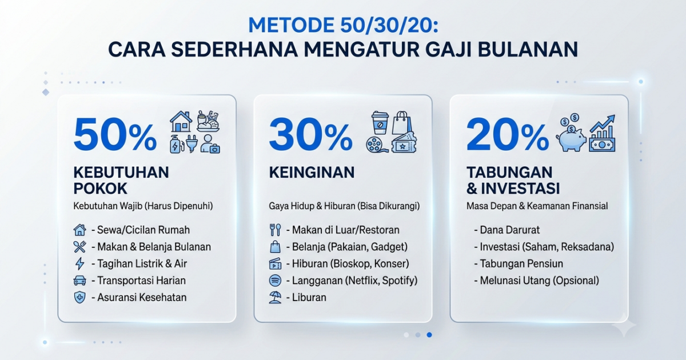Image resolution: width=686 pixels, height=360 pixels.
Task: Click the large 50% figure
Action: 115,135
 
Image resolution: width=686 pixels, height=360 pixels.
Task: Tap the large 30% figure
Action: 310,135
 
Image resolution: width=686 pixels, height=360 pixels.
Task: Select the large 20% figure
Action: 508,135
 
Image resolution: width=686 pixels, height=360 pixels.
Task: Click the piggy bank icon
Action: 572,138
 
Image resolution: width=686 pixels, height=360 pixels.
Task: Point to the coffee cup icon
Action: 380,122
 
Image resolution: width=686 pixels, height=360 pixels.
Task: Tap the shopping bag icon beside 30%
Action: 402,122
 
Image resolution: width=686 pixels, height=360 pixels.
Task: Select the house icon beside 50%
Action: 181,121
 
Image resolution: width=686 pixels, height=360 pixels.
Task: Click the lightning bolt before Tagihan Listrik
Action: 79,263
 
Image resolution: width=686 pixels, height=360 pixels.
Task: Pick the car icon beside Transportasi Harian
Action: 79,281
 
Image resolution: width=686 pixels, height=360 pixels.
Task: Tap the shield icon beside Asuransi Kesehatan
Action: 79,297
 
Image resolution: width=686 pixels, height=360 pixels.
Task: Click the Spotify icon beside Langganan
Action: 275,281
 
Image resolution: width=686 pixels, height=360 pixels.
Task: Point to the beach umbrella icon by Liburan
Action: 275,297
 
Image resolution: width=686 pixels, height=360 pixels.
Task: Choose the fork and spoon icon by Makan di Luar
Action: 275,230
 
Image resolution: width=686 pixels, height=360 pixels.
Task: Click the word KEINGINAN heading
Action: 312,173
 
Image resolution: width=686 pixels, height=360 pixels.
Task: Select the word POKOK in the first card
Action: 100,189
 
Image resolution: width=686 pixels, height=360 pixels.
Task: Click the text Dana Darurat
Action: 509,230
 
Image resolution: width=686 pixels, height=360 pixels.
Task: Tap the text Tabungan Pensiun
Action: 521,263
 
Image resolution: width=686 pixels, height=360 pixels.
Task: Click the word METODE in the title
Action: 291,25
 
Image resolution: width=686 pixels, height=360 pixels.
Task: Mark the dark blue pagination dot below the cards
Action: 429,335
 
